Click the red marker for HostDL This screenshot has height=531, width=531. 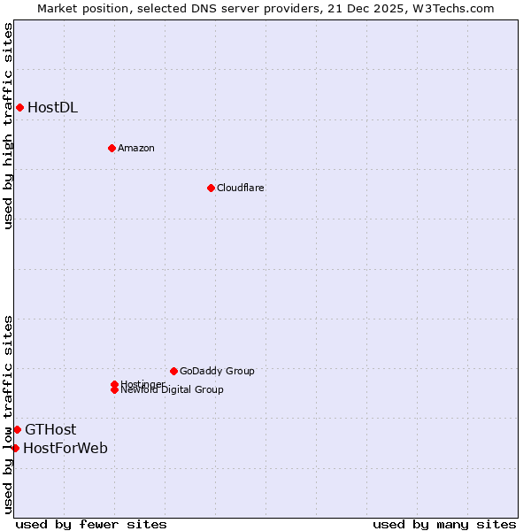[19, 108]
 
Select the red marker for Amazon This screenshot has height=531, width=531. [112, 148]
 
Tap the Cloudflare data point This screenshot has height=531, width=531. [211, 188]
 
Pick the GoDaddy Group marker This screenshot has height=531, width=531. [173, 371]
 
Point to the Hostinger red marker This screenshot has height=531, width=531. [114, 384]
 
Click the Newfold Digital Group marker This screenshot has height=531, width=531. [114, 389]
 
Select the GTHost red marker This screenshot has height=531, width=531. [17, 430]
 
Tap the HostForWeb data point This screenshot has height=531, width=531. [15, 448]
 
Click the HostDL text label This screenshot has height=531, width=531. [52, 108]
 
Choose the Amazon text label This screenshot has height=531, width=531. [135, 148]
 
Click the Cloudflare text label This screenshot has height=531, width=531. [240, 188]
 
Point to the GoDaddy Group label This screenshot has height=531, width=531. [217, 371]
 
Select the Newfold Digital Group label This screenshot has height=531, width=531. [173, 390]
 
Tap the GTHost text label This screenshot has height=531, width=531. [50, 430]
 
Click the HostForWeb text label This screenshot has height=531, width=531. [65, 448]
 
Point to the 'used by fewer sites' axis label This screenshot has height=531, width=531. [91, 524]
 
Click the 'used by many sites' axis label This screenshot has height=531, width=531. [444, 524]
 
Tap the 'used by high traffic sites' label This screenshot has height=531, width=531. [8, 126]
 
